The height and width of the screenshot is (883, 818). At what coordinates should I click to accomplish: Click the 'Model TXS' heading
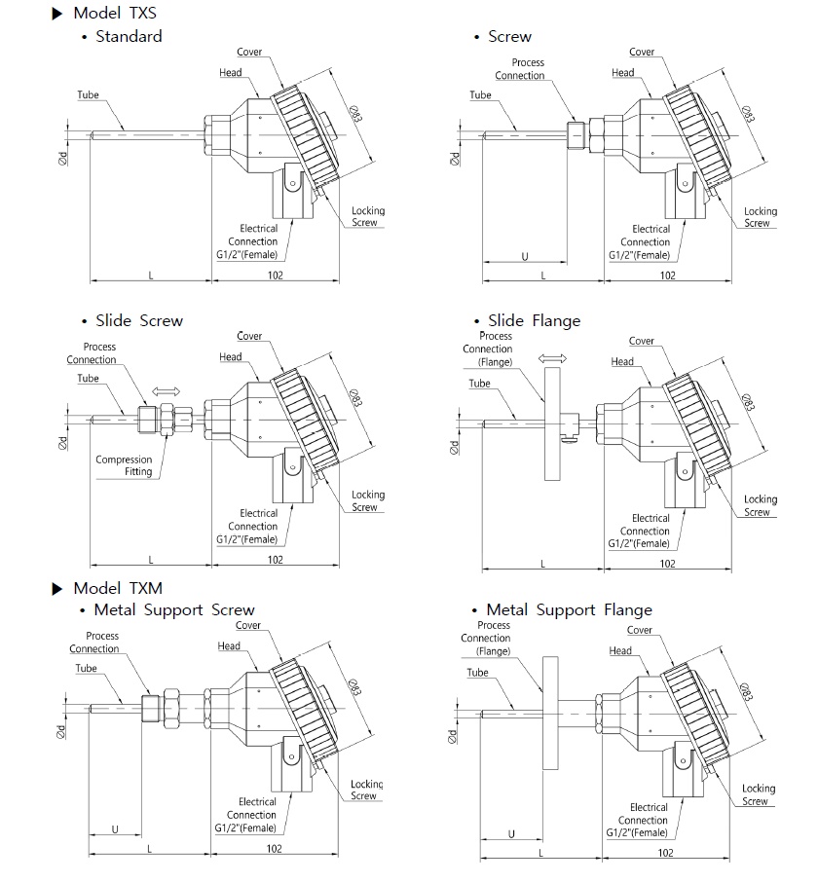tap(115, 13)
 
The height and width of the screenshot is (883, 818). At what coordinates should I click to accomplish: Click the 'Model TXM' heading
tap(118, 588)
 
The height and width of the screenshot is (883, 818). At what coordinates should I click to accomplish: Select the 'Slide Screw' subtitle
tap(139, 321)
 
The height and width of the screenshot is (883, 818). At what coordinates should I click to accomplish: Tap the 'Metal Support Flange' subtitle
tap(569, 609)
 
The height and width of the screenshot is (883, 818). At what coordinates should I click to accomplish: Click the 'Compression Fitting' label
tap(124, 465)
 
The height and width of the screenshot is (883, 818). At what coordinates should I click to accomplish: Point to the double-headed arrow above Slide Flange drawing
tap(553, 358)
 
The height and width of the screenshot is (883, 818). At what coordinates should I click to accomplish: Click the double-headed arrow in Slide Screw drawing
tap(167, 391)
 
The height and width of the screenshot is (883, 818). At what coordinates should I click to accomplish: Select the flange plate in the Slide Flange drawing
tap(552, 424)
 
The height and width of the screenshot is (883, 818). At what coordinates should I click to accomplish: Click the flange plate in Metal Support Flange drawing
tap(550, 713)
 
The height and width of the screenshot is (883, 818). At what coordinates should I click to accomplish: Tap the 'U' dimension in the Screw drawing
tap(525, 257)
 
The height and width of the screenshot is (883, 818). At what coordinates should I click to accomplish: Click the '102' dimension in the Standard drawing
tap(275, 276)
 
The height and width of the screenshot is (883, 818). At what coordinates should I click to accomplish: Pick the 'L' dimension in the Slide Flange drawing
tap(543, 564)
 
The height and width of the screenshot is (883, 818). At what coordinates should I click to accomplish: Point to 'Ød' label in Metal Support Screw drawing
tap(60, 732)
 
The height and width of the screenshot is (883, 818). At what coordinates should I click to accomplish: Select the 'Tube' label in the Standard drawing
tap(88, 95)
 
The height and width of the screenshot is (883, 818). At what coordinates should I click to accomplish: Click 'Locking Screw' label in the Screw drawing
tap(760, 217)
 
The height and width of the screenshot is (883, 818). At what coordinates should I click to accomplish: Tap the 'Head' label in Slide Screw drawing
tap(231, 357)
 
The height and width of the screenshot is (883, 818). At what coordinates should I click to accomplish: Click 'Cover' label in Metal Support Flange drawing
tap(640, 630)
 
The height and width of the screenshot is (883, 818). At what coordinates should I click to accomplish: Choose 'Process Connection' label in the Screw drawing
tap(520, 69)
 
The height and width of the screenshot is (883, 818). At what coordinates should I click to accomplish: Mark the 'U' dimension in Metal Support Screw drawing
tap(115, 829)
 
